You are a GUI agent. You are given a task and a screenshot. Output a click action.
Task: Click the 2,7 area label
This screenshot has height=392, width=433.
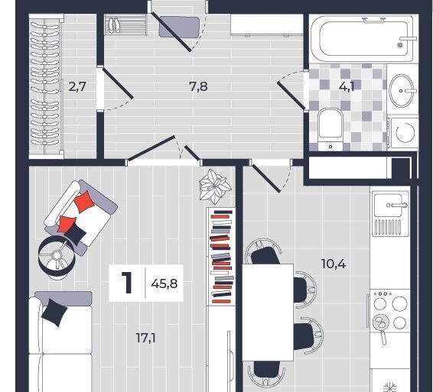(77, 87)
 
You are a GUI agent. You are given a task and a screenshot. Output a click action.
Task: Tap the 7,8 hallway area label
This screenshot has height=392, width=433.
(198, 86)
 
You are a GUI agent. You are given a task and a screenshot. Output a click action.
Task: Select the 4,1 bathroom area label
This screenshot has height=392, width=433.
(347, 86)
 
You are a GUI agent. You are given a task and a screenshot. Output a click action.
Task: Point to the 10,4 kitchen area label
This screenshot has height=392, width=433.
(334, 264)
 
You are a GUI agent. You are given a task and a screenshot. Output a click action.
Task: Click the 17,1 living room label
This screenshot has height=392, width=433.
(146, 338)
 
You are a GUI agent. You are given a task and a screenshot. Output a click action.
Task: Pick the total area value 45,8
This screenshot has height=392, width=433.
(164, 283)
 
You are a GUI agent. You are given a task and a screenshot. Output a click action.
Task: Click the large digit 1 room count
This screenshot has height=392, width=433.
(127, 283)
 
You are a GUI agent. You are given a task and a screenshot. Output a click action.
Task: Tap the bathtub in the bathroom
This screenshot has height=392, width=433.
(363, 39)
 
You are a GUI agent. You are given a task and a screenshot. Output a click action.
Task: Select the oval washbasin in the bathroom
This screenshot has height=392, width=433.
(402, 90)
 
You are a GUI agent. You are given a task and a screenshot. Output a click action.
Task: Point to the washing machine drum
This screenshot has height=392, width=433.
(405, 132)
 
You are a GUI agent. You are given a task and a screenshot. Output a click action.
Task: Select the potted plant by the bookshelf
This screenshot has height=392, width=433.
(215, 186)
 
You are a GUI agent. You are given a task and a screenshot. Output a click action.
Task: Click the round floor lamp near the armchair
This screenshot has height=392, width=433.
(57, 257)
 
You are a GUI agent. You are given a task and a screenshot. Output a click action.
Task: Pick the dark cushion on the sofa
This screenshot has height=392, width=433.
(54, 313)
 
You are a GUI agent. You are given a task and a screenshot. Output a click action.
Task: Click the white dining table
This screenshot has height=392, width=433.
(268, 313)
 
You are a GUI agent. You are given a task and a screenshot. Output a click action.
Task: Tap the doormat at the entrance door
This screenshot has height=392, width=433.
(179, 27)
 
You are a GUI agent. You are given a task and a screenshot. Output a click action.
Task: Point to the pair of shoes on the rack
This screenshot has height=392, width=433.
(114, 25)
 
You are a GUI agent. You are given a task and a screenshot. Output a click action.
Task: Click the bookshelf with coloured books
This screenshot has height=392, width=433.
(221, 257)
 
